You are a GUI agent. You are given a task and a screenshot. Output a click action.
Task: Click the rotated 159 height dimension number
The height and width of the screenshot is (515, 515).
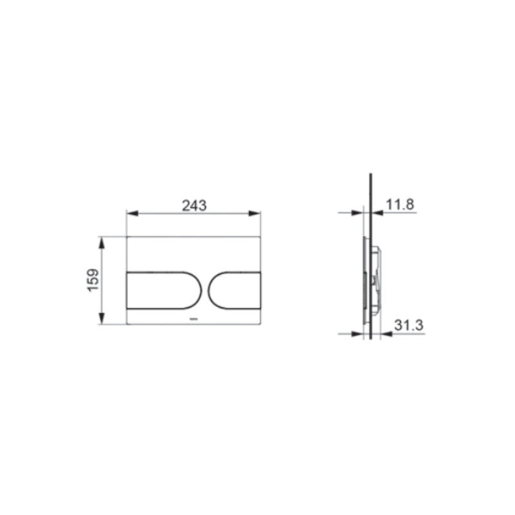(94, 281)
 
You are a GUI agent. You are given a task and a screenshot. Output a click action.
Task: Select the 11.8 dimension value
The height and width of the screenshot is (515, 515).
(400, 205)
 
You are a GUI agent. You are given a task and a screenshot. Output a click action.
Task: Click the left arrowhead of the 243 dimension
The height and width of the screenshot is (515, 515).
(129, 214)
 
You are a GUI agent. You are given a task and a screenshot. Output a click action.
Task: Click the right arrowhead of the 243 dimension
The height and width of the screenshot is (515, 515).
(257, 214)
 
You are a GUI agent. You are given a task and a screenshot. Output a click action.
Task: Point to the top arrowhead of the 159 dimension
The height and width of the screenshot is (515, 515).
(102, 241)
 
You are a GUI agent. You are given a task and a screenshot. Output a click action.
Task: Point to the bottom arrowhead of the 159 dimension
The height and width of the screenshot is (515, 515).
(102, 321)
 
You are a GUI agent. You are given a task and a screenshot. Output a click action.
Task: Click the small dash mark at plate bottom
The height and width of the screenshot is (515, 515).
(194, 319)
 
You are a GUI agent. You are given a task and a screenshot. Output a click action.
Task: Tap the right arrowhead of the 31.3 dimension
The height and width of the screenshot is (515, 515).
(384, 333)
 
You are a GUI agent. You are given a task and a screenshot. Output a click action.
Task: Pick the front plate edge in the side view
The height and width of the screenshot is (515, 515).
(365, 281)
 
